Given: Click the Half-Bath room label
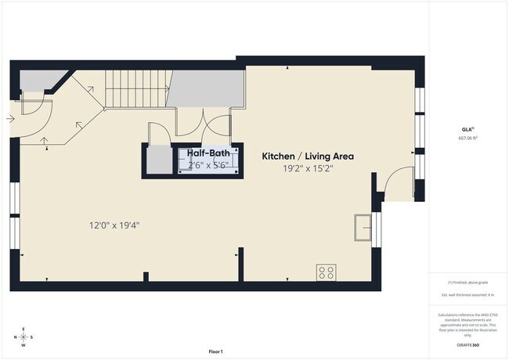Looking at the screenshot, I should (207, 153).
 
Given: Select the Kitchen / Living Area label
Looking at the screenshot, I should (308, 157).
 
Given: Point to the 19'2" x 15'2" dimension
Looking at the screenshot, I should (308, 168).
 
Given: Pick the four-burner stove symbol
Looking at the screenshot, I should (327, 272).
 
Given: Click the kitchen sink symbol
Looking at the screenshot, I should (363, 227).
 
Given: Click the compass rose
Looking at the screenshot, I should (23, 337).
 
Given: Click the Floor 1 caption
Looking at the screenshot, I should (216, 351).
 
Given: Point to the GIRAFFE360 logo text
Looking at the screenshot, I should (469, 345).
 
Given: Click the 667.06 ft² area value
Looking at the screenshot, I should (468, 138).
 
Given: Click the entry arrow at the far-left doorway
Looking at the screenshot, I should (9, 119).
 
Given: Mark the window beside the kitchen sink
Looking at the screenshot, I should (376, 228).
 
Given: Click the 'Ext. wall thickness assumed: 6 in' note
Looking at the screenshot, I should (468, 294).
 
